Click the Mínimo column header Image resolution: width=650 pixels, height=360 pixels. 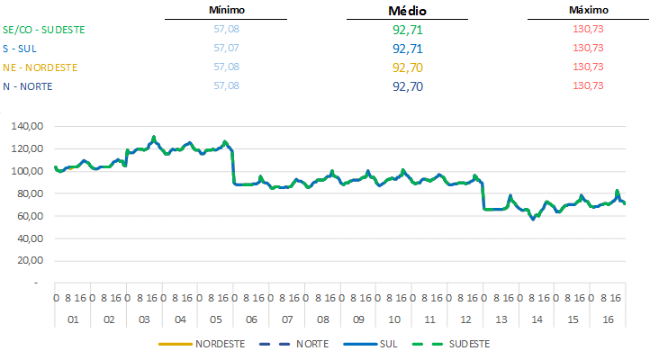click(x=226, y=10)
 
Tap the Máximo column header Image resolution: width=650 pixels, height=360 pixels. click(x=589, y=10)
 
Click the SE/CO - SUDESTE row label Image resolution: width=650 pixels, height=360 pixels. click(x=44, y=29)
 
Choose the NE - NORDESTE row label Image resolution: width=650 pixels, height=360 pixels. click(x=41, y=67)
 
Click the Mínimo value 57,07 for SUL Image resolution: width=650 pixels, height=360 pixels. click(x=226, y=48)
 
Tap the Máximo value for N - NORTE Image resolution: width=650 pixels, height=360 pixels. click(x=588, y=85)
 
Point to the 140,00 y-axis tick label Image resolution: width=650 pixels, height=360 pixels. click(x=28, y=126)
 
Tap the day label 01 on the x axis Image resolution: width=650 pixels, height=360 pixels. click(x=73, y=319)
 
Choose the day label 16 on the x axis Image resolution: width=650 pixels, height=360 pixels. click(x=608, y=319)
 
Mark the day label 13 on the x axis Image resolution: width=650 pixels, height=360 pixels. click(x=501, y=319)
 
